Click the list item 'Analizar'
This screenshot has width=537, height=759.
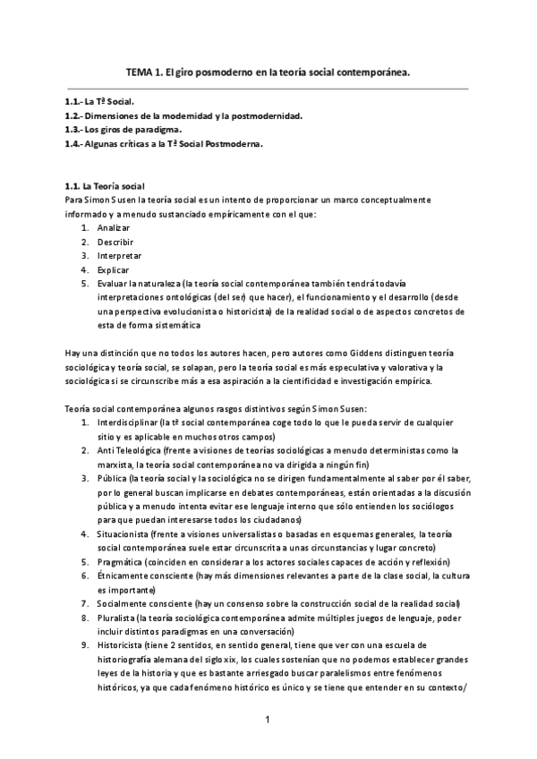[x=115, y=228]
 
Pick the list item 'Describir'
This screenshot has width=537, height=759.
[x=115, y=242]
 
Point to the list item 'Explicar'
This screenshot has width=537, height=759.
[x=114, y=269]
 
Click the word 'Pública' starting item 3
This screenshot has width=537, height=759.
[x=114, y=478]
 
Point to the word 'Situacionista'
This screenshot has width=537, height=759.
[x=124, y=534]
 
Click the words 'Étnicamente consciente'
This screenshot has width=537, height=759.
[x=146, y=576]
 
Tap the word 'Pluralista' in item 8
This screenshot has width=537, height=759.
[x=119, y=618]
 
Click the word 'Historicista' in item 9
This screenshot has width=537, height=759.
[x=124, y=645]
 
